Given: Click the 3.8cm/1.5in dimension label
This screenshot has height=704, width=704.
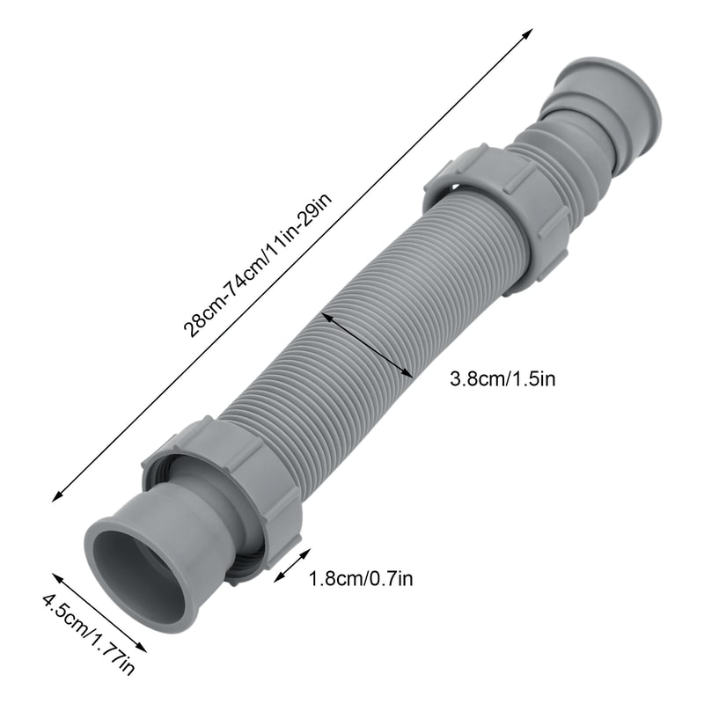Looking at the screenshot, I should [502, 379].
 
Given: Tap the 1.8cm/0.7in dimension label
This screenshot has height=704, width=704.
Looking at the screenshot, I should [360, 578].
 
